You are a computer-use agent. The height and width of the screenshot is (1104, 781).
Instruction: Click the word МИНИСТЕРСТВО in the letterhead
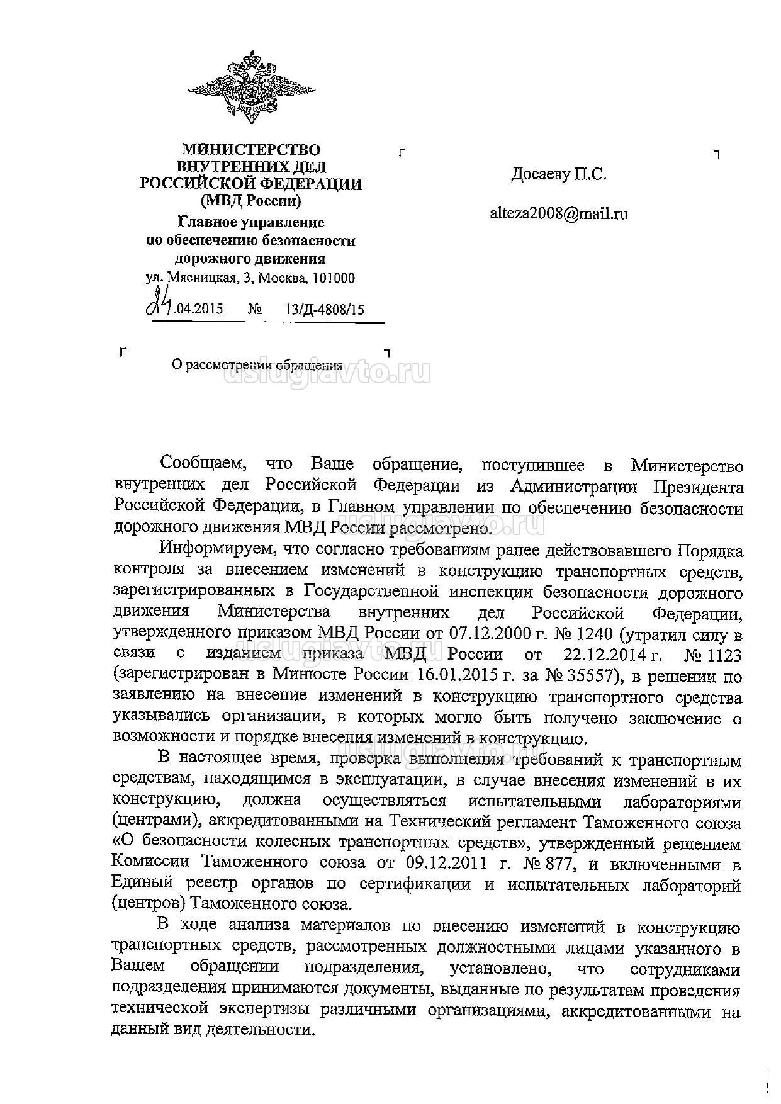(x=251, y=150)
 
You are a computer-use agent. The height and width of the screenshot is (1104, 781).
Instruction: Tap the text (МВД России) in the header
(x=251, y=201)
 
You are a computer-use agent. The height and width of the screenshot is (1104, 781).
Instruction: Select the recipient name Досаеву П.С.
(x=559, y=174)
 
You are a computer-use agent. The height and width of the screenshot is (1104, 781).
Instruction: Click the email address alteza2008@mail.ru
(x=559, y=213)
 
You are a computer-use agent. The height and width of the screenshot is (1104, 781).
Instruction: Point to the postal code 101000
(x=334, y=278)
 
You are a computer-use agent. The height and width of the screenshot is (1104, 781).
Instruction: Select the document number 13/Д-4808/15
(x=325, y=309)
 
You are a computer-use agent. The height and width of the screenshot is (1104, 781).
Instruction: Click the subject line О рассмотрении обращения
(x=257, y=365)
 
